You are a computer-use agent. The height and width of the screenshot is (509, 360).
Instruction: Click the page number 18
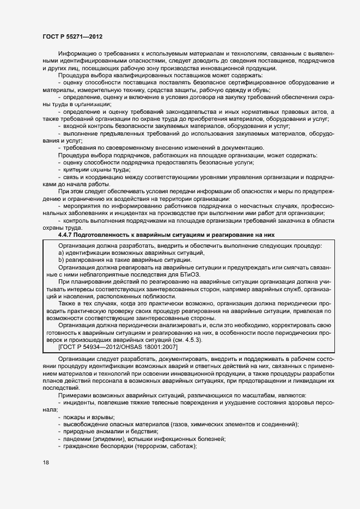46,462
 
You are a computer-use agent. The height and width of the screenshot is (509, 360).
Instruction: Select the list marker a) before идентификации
62,253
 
